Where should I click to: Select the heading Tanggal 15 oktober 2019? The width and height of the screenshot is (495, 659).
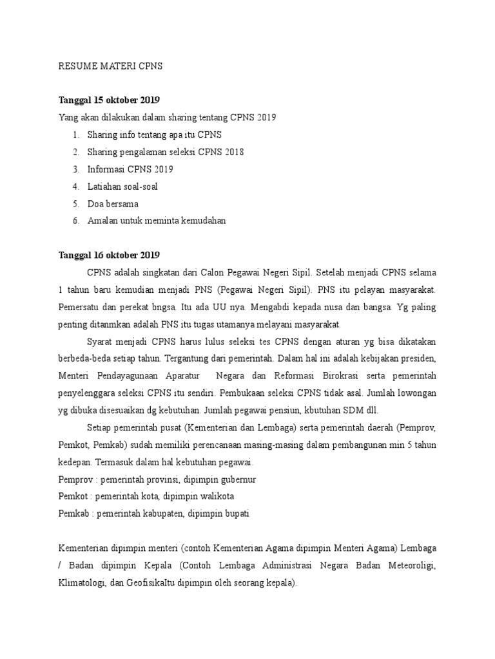pyautogui.click(x=109, y=100)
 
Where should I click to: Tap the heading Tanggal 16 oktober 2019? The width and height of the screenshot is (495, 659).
pyautogui.click(x=109, y=254)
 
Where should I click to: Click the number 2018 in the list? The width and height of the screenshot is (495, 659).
pyautogui.click(x=233, y=152)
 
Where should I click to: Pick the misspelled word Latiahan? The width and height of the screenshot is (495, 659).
pyautogui.click(x=102, y=186)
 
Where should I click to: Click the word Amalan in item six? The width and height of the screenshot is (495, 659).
pyautogui.click(x=101, y=221)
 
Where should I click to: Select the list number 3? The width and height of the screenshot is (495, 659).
pyautogui.click(x=75, y=169)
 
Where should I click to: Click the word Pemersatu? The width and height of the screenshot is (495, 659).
pyautogui.click(x=82, y=306)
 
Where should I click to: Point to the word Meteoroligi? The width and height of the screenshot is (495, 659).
pyautogui.click(x=409, y=566)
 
